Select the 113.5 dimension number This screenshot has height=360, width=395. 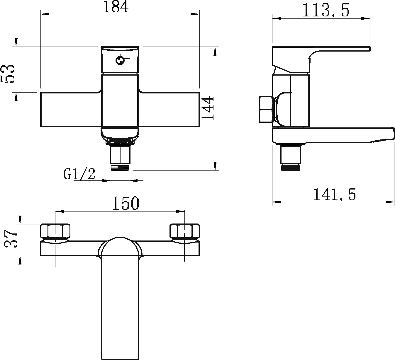326,10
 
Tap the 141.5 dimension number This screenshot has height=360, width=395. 335,194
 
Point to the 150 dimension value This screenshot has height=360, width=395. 126,203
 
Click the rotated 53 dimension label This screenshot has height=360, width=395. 8,74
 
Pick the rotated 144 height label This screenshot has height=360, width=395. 208,108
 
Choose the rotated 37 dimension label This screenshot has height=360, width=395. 11,239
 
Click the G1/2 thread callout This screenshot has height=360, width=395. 79,174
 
